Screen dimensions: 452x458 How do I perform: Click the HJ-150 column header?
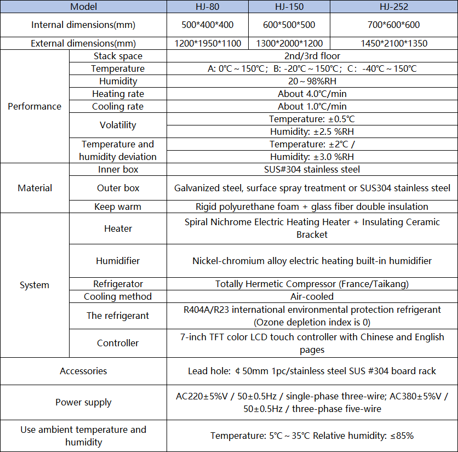coord(289,7)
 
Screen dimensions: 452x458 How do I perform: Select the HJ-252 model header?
coord(394,7)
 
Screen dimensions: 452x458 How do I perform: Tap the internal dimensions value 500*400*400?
coord(207,25)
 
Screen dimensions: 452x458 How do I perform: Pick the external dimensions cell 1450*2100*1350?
coord(394,44)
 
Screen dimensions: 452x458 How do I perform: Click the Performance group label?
coord(35,106)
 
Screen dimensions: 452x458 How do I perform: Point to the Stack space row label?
coord(118,56)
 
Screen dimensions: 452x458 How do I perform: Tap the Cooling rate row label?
coord(118,106)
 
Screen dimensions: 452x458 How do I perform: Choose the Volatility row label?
coord(118,125)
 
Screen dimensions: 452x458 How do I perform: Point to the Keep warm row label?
coord(118,207)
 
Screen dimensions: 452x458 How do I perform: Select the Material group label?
coord(35,188)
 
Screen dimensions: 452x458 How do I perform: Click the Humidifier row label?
coord(118,261)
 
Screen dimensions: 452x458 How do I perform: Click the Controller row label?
coord(118,344)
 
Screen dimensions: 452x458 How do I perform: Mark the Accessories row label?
coord(83,371)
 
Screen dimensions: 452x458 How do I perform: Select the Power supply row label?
coord(83,402)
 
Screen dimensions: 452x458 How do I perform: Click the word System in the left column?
coord(35,285)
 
